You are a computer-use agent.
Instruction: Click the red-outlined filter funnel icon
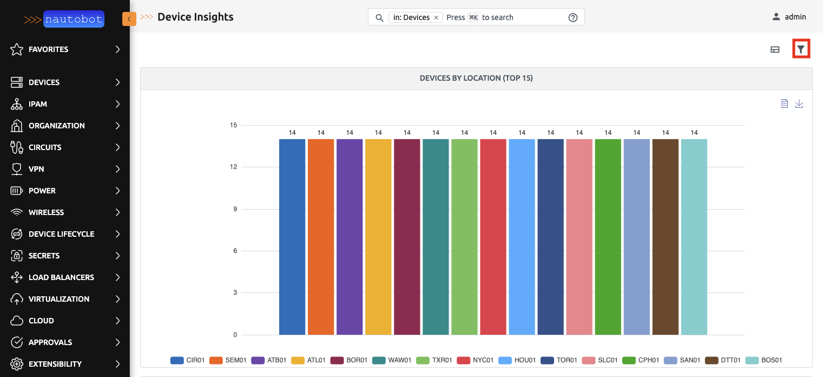click(801, 49)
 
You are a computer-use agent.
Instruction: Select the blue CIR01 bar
click(292, 237)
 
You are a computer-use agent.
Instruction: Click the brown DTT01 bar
click(665, 237)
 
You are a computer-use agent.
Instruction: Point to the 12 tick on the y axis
click(233, 167)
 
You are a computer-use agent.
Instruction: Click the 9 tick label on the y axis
click(235, 209)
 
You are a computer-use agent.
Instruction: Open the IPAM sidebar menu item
click(38, 104)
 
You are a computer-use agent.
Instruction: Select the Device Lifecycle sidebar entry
click(61, 234)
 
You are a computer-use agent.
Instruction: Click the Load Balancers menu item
click(61, 277)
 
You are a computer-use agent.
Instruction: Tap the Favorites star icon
click(17, 49)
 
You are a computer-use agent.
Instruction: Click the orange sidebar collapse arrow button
click(129, 19)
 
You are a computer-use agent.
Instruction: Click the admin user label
click(795, 17)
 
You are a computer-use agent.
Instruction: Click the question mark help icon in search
click(573, 17)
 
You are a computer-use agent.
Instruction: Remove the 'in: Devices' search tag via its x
click(436, 17)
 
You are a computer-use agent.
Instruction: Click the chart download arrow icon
click(799, 103)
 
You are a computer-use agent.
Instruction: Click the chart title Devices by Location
click(476, 78)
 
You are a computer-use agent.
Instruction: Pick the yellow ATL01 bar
click(378, 237)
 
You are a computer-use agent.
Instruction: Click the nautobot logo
click(74, 19)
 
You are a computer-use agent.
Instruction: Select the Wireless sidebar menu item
click(46, 212)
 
